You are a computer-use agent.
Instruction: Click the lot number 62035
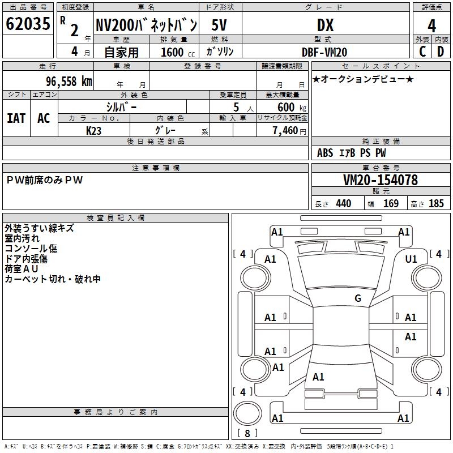tap(28, 24)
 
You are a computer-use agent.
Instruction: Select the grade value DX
tap(325, 25)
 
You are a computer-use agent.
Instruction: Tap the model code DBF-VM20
tap(324, 52)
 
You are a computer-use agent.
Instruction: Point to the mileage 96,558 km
tap(69, 82)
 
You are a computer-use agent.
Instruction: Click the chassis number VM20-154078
tap(381, 180)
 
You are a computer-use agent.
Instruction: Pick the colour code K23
tap(93, 131)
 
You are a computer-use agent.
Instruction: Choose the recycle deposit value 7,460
tap(285, 131)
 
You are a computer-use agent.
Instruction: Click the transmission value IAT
tap(16, 118)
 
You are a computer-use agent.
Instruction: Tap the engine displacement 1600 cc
tap(178, 52)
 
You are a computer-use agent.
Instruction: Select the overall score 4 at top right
tap(431, 26)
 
